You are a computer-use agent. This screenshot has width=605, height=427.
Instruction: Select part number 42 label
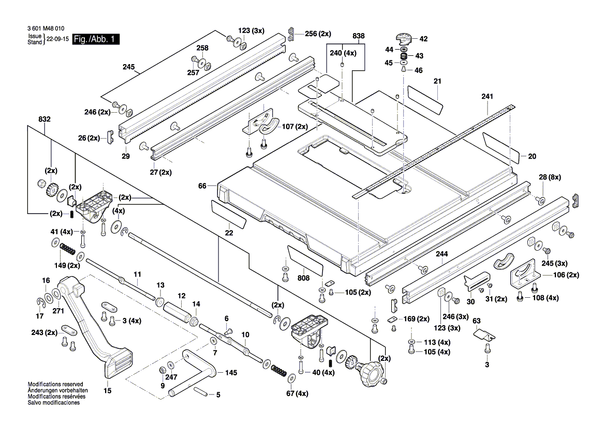click(x=423, y=38)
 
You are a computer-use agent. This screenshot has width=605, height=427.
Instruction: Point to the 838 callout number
click(x=358, y=36)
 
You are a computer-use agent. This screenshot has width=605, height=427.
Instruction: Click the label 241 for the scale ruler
click(x=487, y=97)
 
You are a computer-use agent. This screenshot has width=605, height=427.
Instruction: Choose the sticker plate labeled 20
click(x=501, y=147)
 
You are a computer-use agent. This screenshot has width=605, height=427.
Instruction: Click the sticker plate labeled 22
click(x=228, y=213)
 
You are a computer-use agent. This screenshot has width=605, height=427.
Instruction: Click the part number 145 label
click(x=230, y=373)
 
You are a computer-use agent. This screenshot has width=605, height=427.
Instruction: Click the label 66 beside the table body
click(x=202, y=185)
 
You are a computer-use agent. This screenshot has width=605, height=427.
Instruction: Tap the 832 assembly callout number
click(x=45, y=119)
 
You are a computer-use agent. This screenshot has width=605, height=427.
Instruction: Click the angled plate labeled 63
click(x=486, y=333)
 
